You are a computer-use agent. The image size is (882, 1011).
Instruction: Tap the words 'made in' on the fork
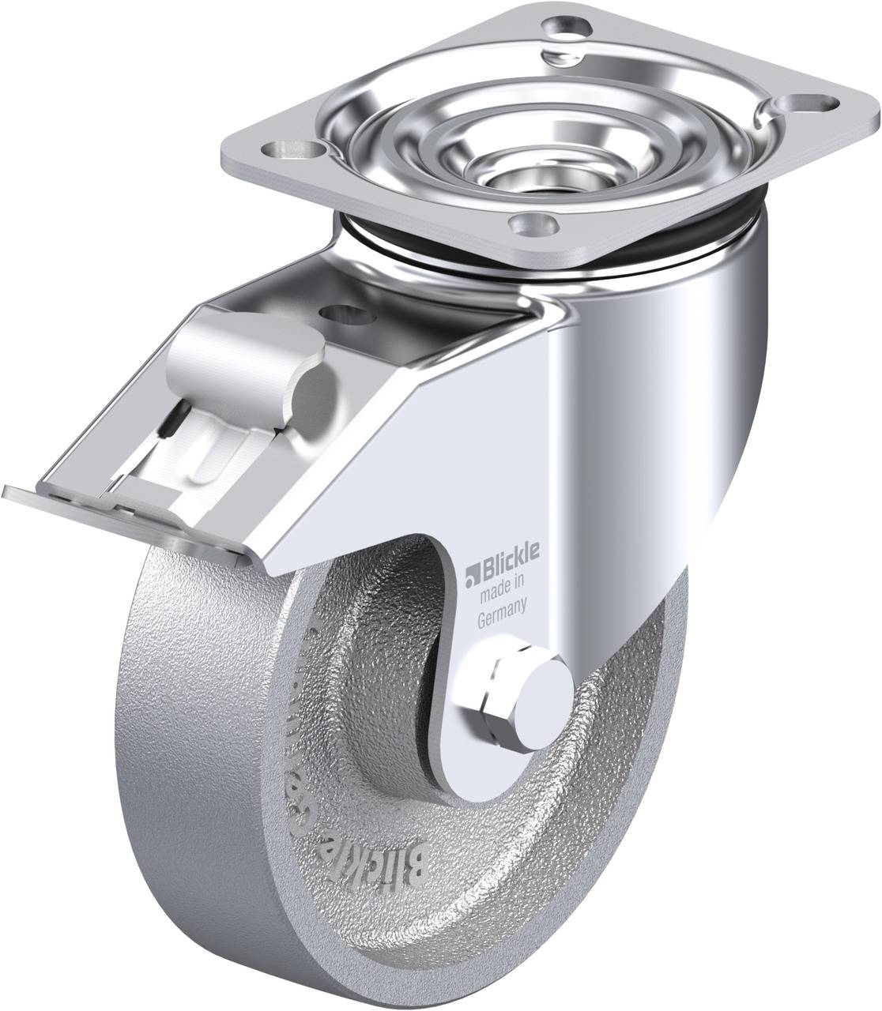(x=503, y=584)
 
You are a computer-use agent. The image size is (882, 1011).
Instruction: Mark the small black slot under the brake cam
(x=168, y=427)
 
